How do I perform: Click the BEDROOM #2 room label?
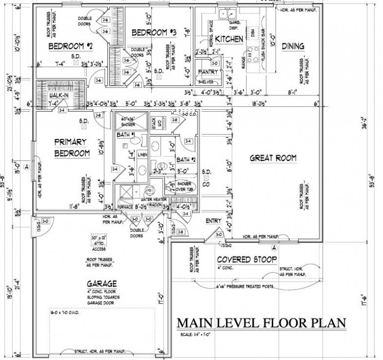(71, 47)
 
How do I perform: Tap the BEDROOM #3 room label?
(154, 33)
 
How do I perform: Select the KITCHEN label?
(229, 39)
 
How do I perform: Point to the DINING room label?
(293, 46)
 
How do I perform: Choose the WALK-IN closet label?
(59, 95)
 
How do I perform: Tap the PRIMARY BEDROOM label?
(72, 147)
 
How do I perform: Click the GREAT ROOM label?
(273, 158)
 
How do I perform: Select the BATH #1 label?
(126, 135)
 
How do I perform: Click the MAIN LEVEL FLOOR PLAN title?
(261, 323)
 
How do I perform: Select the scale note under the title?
(197, 336)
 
